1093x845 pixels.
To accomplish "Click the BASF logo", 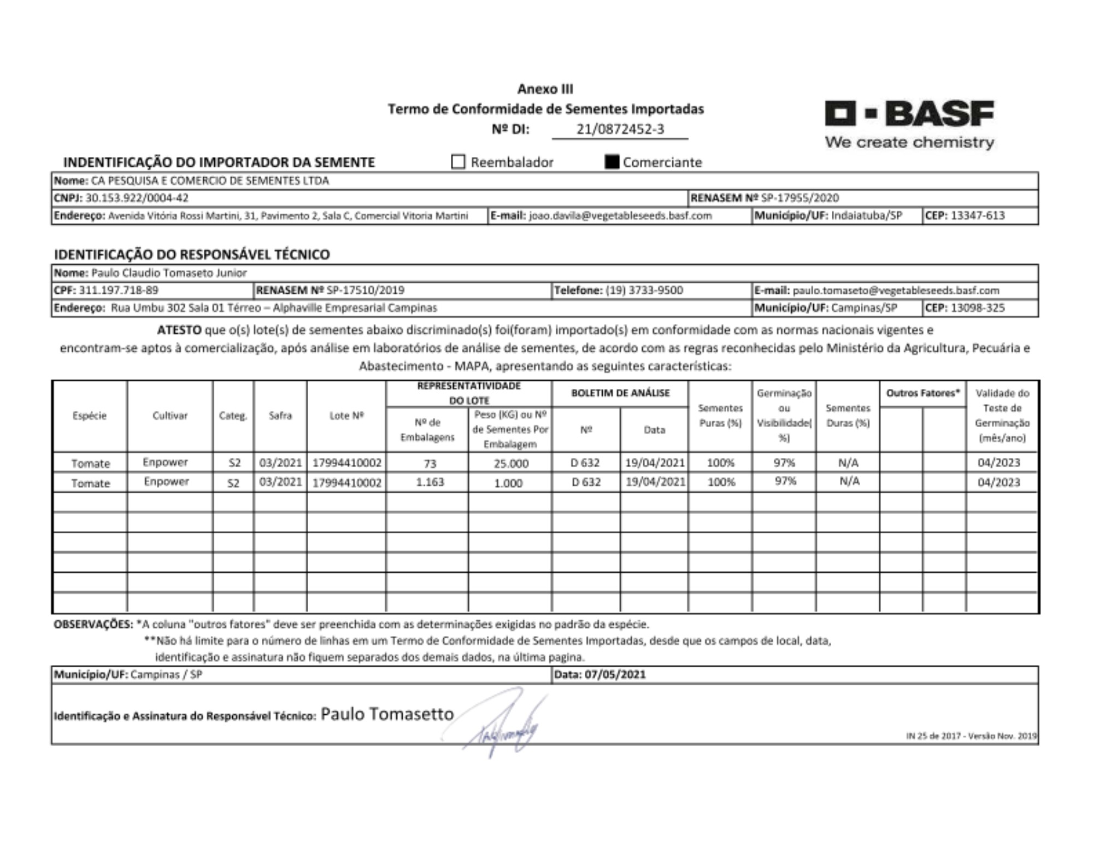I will point(909,124).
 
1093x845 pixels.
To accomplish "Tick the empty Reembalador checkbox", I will point(458,162).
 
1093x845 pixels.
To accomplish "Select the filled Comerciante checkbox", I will point(612,162).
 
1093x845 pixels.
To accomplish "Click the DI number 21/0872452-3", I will point(620,129).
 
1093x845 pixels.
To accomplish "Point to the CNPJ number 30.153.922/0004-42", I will point(137,198).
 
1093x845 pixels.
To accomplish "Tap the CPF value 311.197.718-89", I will point(119,290).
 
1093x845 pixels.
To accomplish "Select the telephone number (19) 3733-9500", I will point(644,290).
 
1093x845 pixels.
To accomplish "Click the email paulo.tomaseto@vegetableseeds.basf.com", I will point(896,290).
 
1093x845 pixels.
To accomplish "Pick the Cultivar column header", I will point(170,416).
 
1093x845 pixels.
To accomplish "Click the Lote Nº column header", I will point(346,416).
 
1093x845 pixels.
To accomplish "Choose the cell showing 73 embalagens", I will point(430,464).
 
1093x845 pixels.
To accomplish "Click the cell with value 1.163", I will point(430,482).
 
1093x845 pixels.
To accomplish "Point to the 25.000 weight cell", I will point(510,464).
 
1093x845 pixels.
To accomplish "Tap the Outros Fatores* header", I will point(922,393).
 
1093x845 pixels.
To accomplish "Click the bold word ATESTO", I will point(179,330).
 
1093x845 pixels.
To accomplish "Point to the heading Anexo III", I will point(545,89).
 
